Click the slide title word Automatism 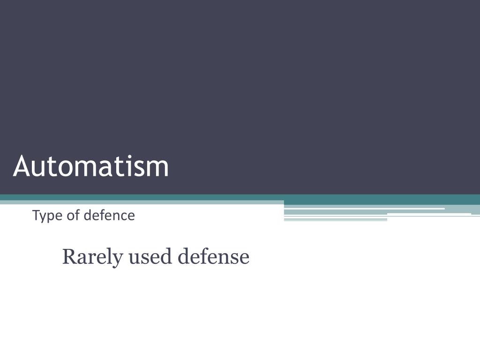[x=91, y=166]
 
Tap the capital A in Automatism [x=22, y=166]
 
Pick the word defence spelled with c [x=109, y=216]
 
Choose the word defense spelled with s [x=213, y=257]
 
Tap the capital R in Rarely [x=68, y=257]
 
